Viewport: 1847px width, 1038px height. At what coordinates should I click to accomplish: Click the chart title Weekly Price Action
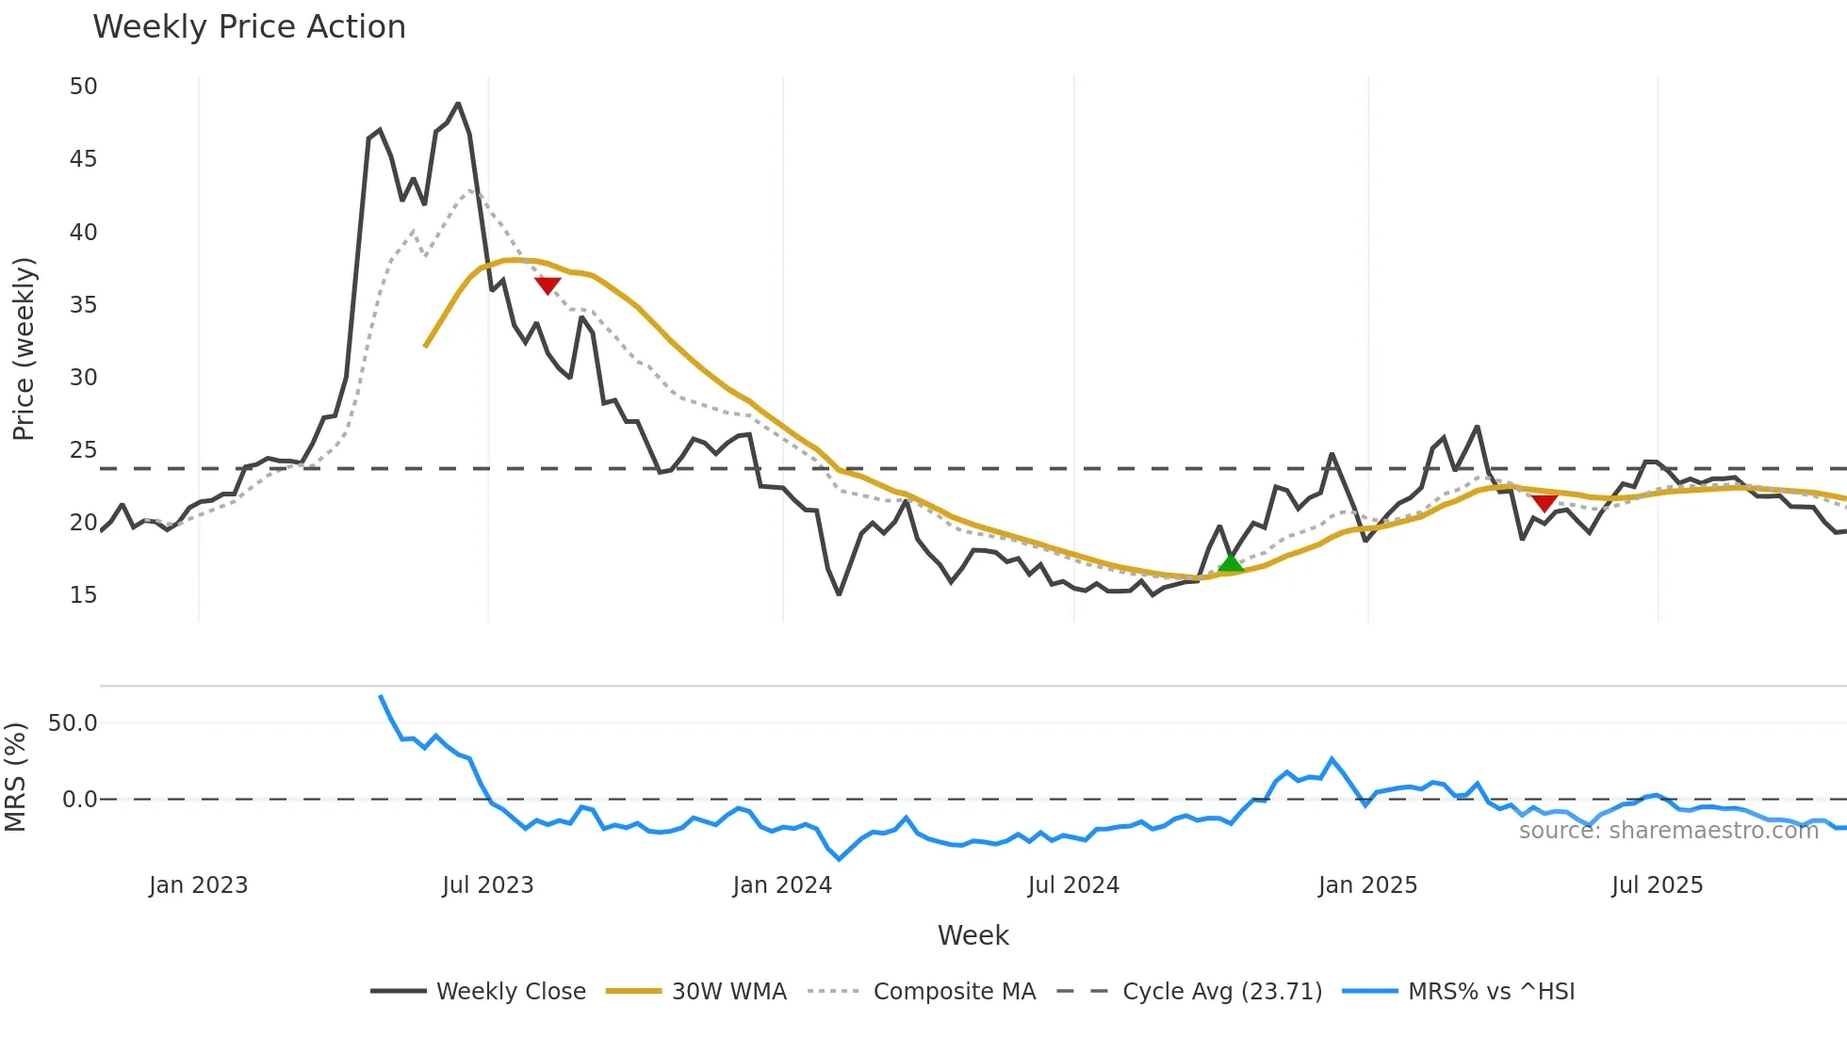pyautogui.click(x=249, y=27)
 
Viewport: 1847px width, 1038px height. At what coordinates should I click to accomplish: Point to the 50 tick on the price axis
pyautogui.click(x=83, y=87)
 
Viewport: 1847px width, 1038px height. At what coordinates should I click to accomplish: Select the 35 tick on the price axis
pyautogui.click(x=83, y=304)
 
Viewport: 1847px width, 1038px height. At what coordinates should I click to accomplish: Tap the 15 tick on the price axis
pyautogui.click(x=83, y=595)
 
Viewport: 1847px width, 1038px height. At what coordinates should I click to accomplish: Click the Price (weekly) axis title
pyautogui.click(x=24, y=349)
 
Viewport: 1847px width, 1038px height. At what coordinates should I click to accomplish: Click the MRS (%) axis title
pyautogui.click(x=15, y=777)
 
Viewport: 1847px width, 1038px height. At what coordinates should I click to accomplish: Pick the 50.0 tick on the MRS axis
pyautogui.click(x=73, y=723)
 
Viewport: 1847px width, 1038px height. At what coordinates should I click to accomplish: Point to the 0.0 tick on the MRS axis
pyautogui.click(x=79, y=800)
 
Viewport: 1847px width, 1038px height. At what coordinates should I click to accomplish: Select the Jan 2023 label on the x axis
pyautogui.click(x=198, y=885)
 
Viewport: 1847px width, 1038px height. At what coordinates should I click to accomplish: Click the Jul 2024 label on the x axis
pyautogui.click(x=1073, y=885)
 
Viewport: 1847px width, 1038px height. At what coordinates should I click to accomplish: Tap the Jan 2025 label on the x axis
pyautogui.click(x=1367, y=885)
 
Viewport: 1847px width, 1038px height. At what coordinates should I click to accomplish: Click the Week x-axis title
pyautogui.click(x=973, y=935)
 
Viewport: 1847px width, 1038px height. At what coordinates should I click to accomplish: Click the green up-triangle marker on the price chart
pyautogui.click(x=1231, y=563)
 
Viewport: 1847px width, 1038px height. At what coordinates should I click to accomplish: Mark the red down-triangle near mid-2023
pyautogui.click(x=548, y=285)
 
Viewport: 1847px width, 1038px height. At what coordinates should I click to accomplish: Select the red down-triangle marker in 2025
pyautogui.click(x=1544, y=503)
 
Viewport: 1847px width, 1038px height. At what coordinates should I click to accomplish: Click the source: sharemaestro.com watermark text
pyautogui.click(x=1668, y=831)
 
